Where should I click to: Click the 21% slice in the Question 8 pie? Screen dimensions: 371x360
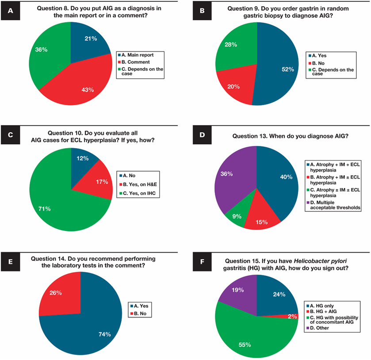pos(89,42)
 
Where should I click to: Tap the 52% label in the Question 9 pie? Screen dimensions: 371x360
pos(288,69)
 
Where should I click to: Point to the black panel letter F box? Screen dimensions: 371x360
pos(202,261)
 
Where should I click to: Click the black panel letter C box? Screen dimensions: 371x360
pos(11,135)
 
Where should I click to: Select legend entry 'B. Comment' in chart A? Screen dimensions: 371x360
pos(134,62)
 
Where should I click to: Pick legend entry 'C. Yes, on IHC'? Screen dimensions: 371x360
pos(138,193)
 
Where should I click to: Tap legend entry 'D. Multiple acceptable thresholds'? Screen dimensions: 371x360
pos(333,205)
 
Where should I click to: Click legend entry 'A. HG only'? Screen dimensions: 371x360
pos(320,306)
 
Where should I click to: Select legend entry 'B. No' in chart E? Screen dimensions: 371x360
pos(138,314)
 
